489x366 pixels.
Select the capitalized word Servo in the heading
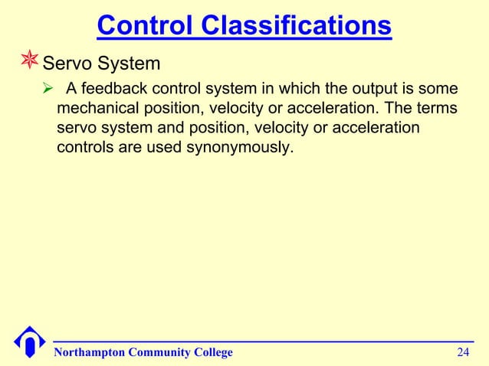(x=68, y=60)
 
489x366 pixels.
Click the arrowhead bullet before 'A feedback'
(x=48, y=89)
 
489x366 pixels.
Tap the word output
(x=366, y=89)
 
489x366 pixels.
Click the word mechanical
(x=100, y=108)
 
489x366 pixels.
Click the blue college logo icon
(x=30, y=341)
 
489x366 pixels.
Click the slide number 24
(x=463, y=352)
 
